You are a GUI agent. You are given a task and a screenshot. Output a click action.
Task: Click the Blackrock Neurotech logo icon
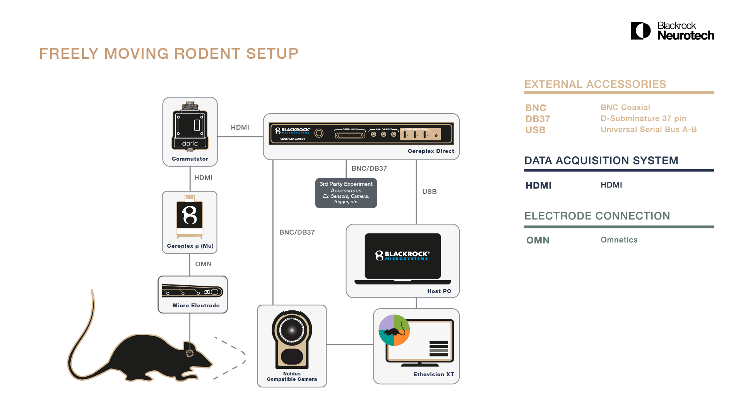coord(640,31)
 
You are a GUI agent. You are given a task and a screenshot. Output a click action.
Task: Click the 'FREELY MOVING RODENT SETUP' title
coord(169,54)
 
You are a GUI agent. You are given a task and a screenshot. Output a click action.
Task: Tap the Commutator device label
coord(190,159)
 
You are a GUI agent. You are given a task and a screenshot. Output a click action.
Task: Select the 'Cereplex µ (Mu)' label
coord(190,246)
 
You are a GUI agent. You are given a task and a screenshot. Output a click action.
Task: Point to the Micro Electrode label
coord(196,305)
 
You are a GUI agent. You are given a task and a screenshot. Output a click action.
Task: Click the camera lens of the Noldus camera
coord(292,330)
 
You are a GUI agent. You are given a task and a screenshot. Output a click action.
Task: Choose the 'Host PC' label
coord(439,291)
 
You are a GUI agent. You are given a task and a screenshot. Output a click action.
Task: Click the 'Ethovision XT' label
coord(433,374)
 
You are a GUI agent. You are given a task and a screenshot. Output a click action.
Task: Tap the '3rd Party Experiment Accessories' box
coord(346,193)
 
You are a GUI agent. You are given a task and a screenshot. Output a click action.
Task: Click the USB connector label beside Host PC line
coord(429,192)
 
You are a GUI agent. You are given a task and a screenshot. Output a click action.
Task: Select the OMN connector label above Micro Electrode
coord(203,264)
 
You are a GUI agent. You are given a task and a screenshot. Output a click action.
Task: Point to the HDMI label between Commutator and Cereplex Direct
coord(240,127)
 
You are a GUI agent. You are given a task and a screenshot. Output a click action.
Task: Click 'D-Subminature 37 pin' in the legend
coord(643,118)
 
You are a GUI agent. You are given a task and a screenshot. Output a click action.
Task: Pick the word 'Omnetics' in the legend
coord(619,240)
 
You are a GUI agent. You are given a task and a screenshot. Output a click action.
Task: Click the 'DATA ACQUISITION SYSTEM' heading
coord(601,161)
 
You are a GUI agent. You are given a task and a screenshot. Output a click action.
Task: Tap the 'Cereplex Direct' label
coord(431,151)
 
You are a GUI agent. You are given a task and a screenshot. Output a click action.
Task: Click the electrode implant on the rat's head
coord(190,353)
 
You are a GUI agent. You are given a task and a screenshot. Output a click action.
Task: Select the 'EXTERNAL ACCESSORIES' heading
coord(595,84)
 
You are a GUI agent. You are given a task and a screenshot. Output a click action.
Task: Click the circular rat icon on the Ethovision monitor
coord(394,330)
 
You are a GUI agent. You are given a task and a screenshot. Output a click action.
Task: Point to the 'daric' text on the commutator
coord(190,144)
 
